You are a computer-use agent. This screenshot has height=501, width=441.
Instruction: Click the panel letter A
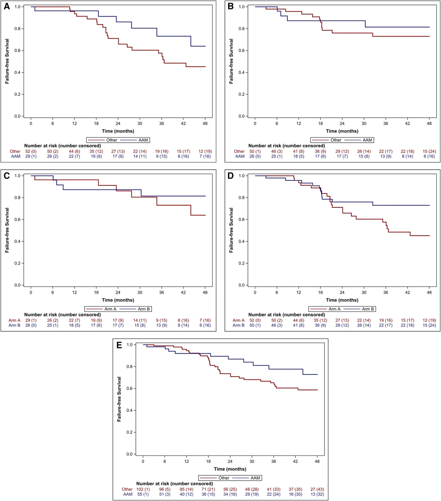click(7, 6)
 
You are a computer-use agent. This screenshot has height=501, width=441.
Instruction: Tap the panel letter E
click(119, 345)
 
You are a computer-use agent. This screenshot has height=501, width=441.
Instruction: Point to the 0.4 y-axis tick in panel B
click(242, 73)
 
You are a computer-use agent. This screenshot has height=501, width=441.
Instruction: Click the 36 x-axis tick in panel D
click(385, 292)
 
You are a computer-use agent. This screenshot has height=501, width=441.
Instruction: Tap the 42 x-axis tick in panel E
click(296, 461)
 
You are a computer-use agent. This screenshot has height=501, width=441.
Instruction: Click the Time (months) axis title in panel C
click(118, 300)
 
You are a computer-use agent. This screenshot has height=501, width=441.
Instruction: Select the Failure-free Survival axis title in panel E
click(119, 399)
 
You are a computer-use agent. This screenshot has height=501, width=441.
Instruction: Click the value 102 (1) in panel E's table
click(143, 489)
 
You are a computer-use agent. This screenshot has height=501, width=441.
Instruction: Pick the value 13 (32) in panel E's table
click(317, 494)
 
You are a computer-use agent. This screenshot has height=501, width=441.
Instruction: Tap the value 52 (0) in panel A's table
click(31, 151)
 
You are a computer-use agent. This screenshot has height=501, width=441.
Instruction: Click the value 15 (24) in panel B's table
click(429, 151)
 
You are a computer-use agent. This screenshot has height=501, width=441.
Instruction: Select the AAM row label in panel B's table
click(240, 156)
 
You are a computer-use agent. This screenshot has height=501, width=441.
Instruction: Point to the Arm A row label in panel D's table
click(239, 320)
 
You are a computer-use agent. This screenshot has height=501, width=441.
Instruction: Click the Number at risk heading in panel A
click(63, 146)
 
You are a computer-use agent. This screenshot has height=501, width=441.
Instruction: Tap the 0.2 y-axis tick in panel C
click(17, 263)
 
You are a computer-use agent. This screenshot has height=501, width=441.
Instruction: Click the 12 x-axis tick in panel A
click(75, 124)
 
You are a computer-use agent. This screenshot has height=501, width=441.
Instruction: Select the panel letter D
click(230, 176)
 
